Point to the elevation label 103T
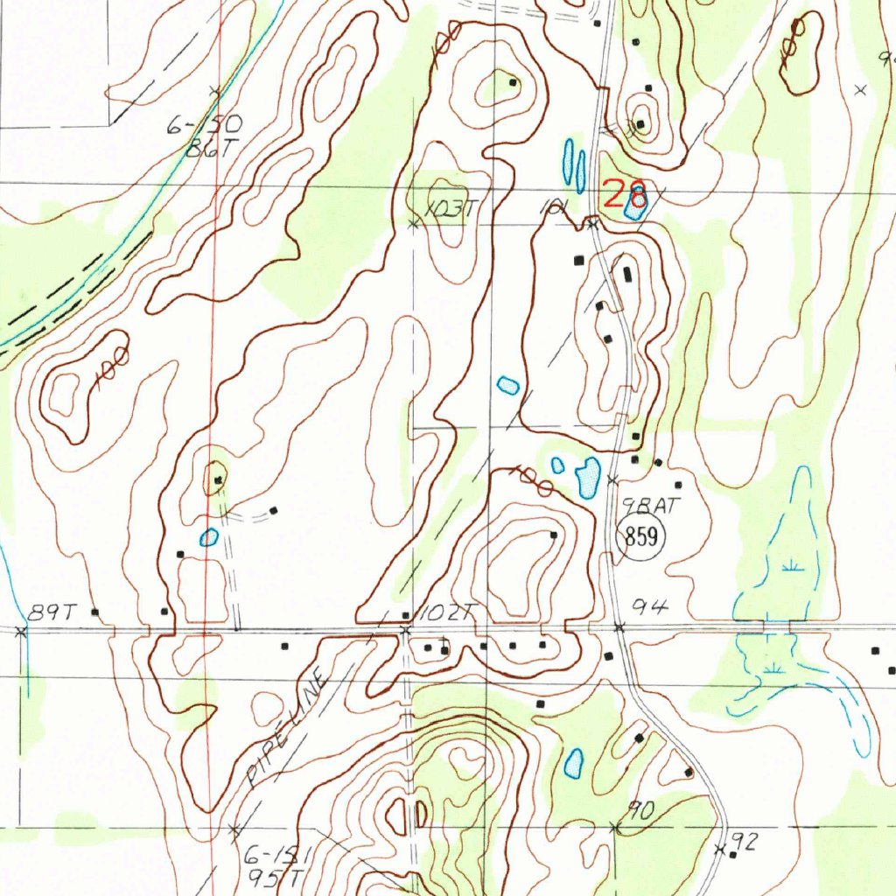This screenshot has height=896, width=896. [x=447, y=209]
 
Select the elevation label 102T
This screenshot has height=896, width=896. [x=442, y=614]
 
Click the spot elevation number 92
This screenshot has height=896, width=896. [x=744, y=843]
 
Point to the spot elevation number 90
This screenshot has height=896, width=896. [x=641, y=811]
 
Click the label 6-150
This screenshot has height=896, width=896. [x=204, y=128]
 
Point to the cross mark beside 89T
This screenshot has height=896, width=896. [x=22, y=630]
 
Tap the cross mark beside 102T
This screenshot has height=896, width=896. [x=405, y=630]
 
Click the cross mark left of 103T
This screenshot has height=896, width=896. [x=414, y=224]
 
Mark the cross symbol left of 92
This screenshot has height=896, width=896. [x=720, y=850]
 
